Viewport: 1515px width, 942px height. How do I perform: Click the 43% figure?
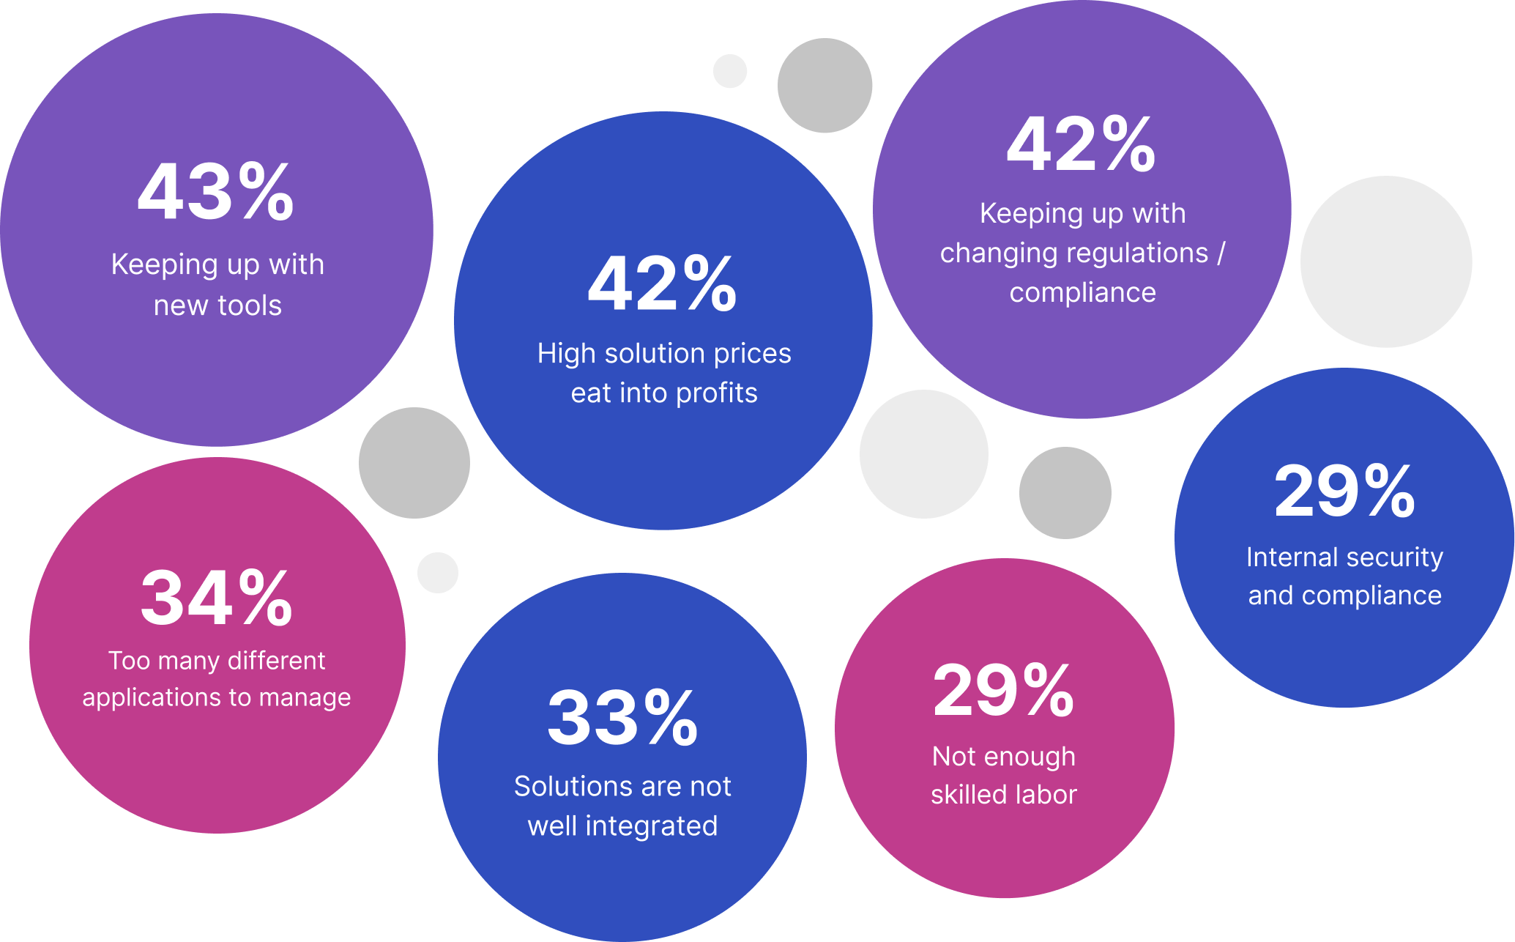[x=216, y=193]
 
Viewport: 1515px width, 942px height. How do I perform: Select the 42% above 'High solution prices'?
[x=662, y=284]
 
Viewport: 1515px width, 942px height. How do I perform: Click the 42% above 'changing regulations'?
[x=1081, y=145]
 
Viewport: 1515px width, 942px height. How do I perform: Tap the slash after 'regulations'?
[x=1221, y=253]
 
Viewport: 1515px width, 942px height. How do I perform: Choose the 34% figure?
[x=217, y=598]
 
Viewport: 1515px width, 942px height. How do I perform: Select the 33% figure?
[x=622, y=718]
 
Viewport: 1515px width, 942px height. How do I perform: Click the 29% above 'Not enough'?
[x=1003, y=690]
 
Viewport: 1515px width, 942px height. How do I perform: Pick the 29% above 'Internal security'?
[x=1344, y=492]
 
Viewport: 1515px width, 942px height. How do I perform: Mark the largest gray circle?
[x=1386, y=262]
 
